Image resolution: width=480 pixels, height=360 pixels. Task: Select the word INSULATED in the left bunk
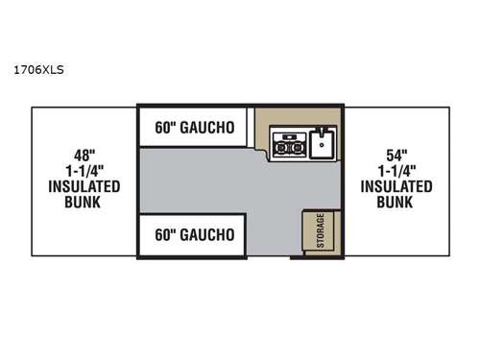(x=83, y=186)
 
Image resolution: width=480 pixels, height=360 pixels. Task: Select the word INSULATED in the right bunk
(x=396, y=186)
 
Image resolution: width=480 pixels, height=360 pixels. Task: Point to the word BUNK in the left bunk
(x=83, y=203)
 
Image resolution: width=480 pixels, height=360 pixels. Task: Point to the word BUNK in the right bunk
(x=396, y=203)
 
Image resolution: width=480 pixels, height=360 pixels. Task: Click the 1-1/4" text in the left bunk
(x=83, y=168)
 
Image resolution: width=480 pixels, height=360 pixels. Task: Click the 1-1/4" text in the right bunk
(x=396, y=168)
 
